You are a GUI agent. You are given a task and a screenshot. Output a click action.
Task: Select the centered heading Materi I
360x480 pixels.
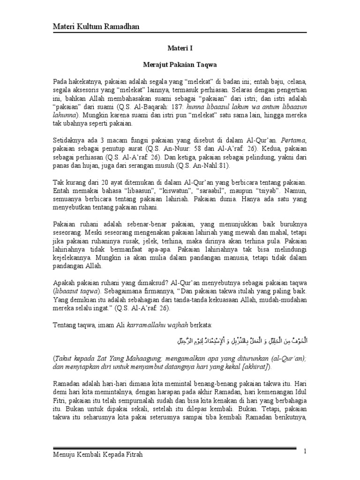coord(180,48)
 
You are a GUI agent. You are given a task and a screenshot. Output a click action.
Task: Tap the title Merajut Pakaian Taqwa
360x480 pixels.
coord(180,62)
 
